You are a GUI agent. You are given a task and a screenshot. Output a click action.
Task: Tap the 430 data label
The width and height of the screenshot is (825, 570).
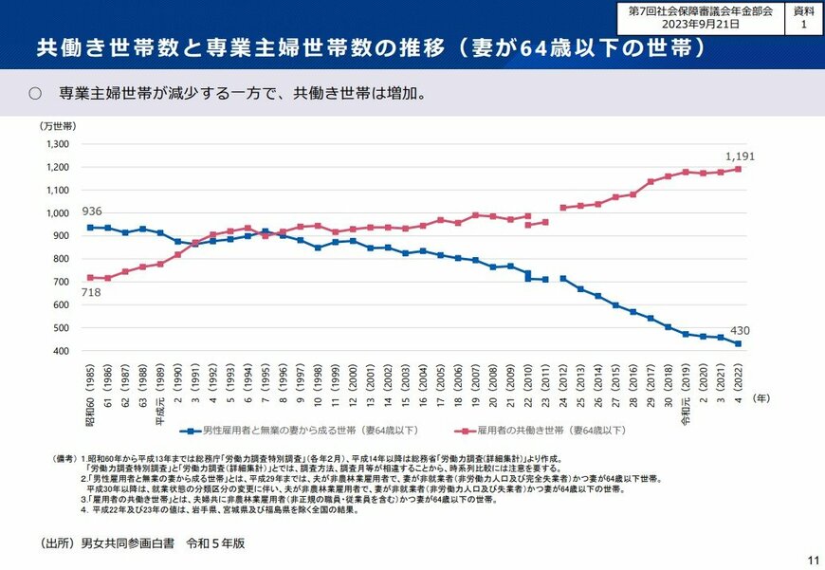coord(740,330)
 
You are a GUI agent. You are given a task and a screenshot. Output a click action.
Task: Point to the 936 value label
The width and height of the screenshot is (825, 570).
coord(92,211)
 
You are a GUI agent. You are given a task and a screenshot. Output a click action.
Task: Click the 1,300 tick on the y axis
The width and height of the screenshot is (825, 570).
coord(58,144)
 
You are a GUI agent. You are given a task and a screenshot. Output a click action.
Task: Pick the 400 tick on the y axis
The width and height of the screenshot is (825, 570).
coord(62,351)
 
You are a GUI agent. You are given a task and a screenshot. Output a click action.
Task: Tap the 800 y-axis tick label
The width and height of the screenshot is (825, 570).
coord(62,259)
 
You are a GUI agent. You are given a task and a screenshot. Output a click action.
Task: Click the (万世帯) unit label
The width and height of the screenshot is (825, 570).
coord(58,125)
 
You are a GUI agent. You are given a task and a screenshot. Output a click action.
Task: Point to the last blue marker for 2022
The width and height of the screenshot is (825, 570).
coord(740,343)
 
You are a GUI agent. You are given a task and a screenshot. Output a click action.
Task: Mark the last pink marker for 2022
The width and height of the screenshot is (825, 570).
coord(740,170)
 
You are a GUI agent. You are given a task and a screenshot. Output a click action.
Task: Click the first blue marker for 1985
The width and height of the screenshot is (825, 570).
coord(90,228)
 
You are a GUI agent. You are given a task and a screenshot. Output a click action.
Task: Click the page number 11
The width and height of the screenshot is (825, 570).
coord(813,560)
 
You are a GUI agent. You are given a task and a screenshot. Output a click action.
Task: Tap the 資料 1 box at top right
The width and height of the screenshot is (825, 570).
coord(803,18)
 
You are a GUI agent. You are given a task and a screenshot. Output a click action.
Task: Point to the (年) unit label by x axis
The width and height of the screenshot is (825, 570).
coord(761,398)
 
